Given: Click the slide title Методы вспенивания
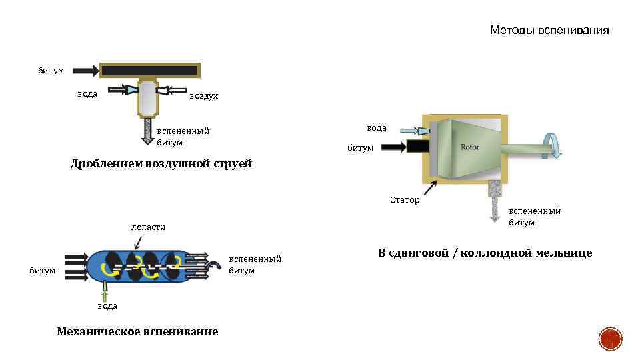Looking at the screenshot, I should click(x=549, y=30).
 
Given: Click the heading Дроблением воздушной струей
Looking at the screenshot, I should click(x=161, y=164).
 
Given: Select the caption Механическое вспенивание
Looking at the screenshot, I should click(x=137, y=331).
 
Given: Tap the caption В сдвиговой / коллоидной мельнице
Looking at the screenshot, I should click(x=485, y=253).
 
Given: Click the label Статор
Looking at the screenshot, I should click(x=405, y=199).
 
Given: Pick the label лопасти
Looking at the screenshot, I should click(x=147, y=227).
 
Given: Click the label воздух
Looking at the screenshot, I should click(x=203, y=96).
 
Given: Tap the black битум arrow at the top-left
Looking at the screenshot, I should click(x=85, y=69).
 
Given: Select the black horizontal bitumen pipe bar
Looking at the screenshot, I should click(x=149, y=70).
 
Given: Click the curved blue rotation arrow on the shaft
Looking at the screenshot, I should click(x=553, y=145).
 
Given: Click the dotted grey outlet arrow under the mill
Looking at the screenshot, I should click(x=494, y=201).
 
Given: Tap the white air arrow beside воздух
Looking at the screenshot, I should click(x=175, y=89).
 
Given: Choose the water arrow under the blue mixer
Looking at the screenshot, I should click(x=105, y=290).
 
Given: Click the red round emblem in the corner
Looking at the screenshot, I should click(x=609, y=339).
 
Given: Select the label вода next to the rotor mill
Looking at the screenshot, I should click(x=377, y=128).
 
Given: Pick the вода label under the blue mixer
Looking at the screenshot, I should click(x=107, y=305).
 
